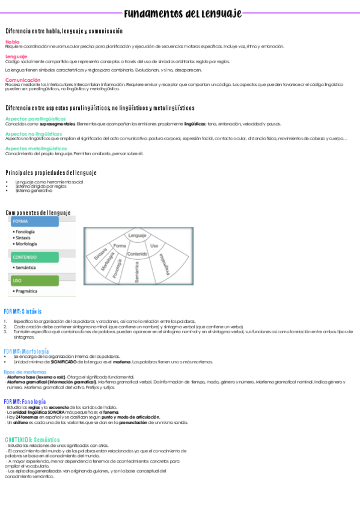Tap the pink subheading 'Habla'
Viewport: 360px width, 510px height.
coord(12,41)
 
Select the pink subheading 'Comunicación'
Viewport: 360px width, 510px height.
coord(23,79)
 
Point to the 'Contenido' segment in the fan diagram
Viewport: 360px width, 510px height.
coord(137,254)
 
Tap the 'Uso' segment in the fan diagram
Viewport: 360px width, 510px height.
coord(154,245)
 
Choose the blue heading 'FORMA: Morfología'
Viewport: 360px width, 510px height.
coord(26,351)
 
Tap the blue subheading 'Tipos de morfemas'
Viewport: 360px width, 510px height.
coord(25,372)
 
